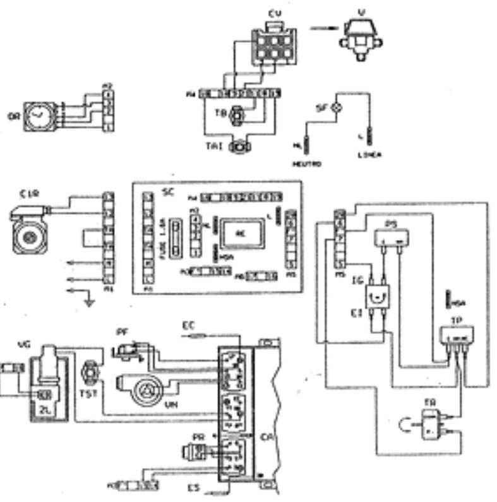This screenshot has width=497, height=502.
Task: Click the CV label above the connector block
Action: pos(274,13)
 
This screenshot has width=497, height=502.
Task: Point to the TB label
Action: pos(221,114)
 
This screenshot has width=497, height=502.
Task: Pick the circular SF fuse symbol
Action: pos(337,108)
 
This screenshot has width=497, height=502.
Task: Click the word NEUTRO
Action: pos(307,164)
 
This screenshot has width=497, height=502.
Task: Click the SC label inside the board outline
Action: pos(168,191)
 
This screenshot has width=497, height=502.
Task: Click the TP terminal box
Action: pos(457,335)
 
